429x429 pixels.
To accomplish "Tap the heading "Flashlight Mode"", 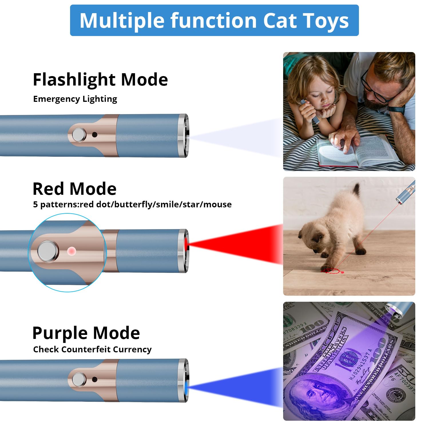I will pos(100,80).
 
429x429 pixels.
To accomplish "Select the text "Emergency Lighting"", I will pos(75,99).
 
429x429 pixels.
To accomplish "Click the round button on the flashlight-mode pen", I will pos(79,135).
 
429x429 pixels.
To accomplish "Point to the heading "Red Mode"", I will pos(74,189).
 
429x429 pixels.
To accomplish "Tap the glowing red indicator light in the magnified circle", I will pos(71,251).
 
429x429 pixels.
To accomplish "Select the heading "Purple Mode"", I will pos(86,333).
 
